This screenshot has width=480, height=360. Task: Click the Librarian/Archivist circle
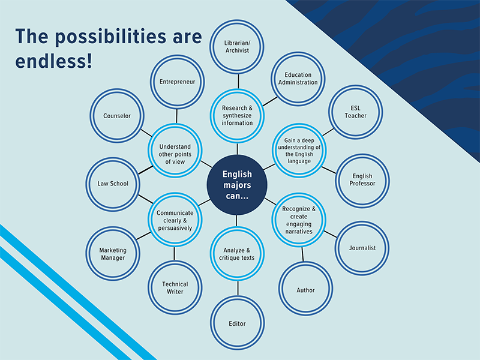(x=238, y=47)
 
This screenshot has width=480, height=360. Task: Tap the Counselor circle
(x=116, y=116)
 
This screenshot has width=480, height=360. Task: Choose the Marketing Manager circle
(x=113, y=254)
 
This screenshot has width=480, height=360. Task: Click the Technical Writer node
(x=175, y=288)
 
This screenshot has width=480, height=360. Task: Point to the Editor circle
(x=238, y=323)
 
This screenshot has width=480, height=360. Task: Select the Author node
(x=305, y=290)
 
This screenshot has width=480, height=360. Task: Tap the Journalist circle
(x=362, y=248)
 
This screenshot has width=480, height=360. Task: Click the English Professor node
(x=362, y=180)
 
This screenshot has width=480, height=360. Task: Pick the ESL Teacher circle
(x=355, y=112)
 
